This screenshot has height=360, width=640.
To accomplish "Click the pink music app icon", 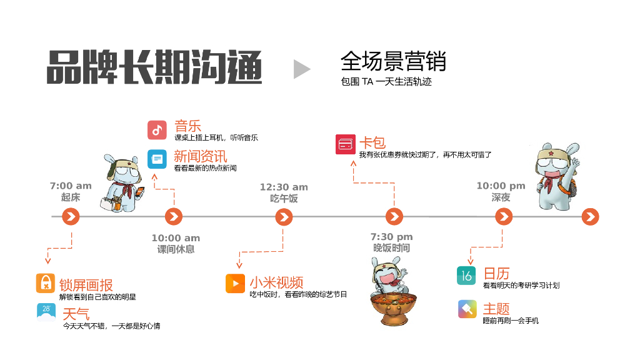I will click(x=157, y=130).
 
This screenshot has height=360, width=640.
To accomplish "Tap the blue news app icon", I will click(x=157, y=159).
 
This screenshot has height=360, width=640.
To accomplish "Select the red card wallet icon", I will click(x=345, y=144).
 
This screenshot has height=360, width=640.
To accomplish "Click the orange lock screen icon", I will click(x=46, y=283).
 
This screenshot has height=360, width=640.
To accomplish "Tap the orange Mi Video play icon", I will click(x=235, y=283).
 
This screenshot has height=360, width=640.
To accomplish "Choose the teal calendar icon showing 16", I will click(x=466, y=275).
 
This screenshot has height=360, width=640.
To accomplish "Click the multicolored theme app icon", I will click(x=467, y=309).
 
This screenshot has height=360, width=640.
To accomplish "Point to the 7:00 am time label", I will click(x=71, y=186).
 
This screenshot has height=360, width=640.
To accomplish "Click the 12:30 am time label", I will click(x=284, y=187).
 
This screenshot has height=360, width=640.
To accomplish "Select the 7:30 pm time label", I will click(x=391, y=237).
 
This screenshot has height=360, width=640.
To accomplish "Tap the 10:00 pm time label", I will click(x=501, y=186).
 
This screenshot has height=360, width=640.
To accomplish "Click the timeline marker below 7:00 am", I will click(x=71, y=217).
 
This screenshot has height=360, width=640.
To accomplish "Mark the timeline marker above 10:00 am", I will click(x=174, y=217).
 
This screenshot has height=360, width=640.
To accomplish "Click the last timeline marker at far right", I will click(x=590, y=217).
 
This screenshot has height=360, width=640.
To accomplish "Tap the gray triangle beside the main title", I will click(x=301, y=69).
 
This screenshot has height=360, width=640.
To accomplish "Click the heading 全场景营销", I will click(x=393, y=62).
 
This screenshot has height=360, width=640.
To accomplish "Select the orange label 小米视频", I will click(x=276, y=282).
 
